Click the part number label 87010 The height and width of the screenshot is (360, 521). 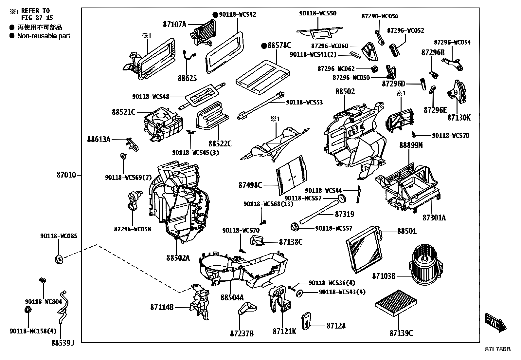tap(66, 175)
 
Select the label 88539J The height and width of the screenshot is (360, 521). tap(63, 343)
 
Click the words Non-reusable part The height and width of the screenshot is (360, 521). tap(44, 36)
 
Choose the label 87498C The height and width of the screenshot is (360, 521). tap(250, 185)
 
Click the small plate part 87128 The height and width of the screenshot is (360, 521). tap(307, 322)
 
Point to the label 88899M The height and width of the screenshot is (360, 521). tap(410, 145)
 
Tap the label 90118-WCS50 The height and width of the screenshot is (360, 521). tap(317, 13)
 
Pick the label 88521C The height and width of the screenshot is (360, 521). tap(123, 112)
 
